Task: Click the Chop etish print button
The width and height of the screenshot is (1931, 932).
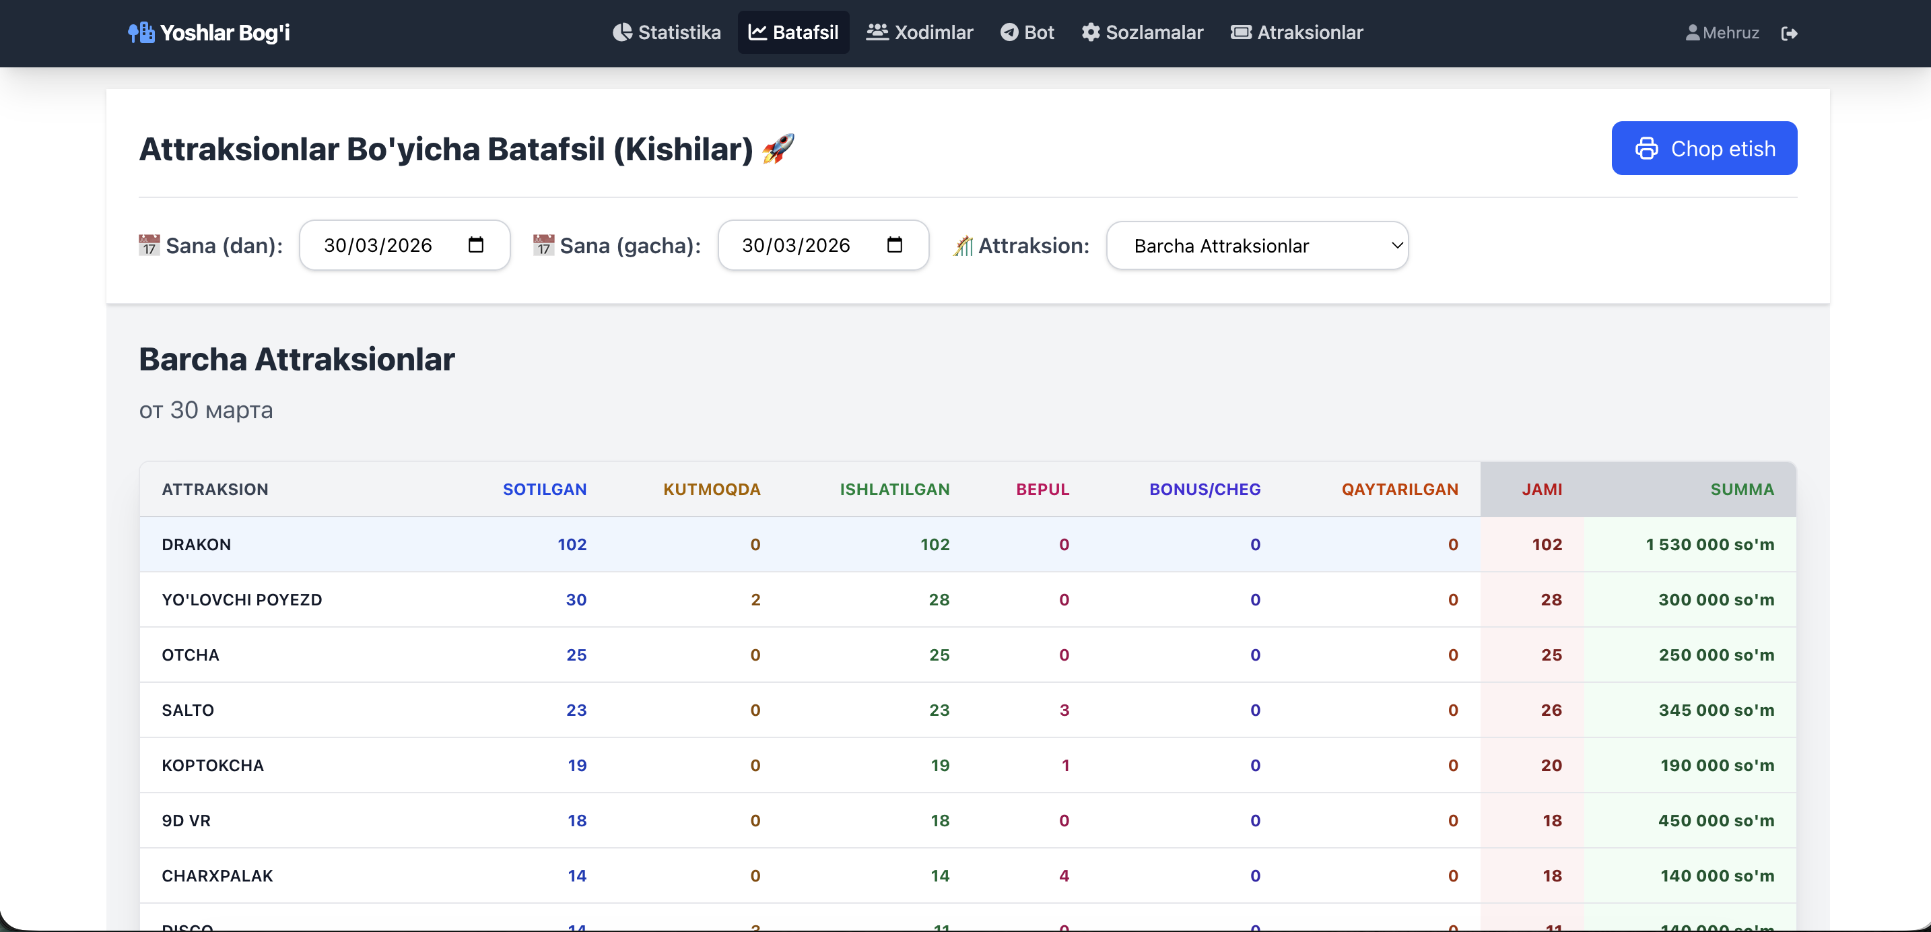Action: coord(1703,148)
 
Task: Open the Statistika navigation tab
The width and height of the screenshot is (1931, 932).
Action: coord(667,32)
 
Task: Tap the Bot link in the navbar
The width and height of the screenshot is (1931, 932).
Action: coord(1027,32)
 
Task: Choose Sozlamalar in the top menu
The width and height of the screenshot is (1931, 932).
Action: coord(1142,32)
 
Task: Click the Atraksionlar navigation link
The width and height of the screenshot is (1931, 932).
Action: coord(1296,32)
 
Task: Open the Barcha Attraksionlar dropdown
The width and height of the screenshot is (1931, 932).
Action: coord(1257,246)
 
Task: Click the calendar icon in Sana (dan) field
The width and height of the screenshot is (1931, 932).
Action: coord(475,245)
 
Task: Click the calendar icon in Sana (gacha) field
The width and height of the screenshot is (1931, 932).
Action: coord(893,245)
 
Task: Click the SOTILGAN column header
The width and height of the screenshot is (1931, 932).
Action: coord(544,490)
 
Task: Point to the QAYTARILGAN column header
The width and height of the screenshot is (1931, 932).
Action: coord(1399,490)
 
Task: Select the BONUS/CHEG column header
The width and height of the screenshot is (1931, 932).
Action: coord(1204,490)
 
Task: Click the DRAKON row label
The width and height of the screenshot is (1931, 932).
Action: coord(197,544)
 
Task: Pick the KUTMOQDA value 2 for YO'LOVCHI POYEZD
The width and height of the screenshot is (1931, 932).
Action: coord(755,600)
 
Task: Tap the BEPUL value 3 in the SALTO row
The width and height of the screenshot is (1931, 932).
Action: coord(1064,710)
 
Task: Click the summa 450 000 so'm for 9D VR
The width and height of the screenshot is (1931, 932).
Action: coord(1715,820)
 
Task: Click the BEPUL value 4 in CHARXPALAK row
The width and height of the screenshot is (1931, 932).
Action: coord(1064,875)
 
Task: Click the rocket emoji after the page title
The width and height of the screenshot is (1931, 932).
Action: coord(778,148)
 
